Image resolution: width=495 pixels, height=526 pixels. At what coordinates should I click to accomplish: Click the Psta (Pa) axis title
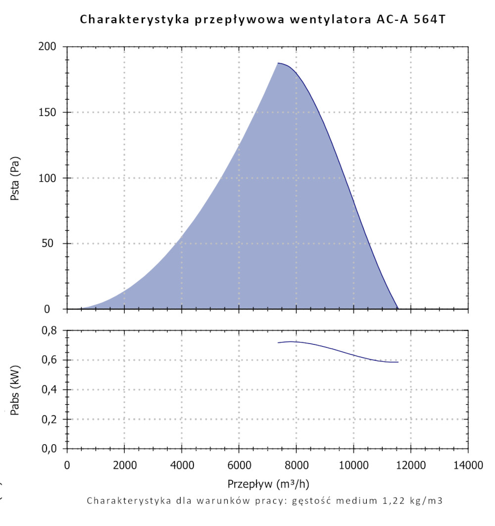15,178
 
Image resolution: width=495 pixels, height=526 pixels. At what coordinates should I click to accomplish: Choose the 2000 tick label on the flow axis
124,466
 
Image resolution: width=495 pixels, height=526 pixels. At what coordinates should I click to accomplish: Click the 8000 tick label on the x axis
296,466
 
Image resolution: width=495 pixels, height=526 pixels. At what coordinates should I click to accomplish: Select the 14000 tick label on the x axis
468,466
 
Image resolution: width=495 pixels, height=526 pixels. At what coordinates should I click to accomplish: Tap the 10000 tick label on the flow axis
353,466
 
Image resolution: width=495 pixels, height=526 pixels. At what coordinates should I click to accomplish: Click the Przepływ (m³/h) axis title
268,483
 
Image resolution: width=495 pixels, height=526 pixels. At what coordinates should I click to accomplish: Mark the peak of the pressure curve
279,63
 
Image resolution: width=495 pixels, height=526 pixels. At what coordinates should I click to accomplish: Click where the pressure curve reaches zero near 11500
398,309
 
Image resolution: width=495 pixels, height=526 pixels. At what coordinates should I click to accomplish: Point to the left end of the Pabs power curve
278,343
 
